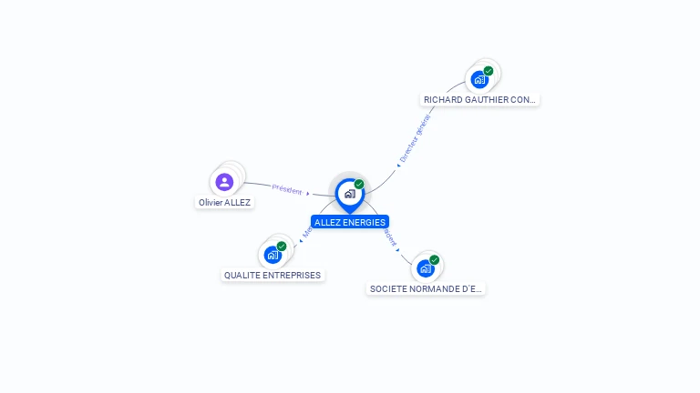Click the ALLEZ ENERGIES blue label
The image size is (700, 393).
(x=350, y=222)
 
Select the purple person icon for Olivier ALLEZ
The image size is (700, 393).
(x=224, y=182)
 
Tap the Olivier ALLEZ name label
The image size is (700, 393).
(x=224, y=203)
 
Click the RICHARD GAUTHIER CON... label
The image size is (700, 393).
(x=480, y=99)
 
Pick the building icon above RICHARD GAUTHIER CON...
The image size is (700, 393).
(x=479, y=79)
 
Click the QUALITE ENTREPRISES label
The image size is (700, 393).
(x=273, y=275)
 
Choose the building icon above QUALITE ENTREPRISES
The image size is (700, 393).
(x=272, y=255)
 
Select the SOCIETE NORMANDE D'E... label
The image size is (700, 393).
(x=426, y=288)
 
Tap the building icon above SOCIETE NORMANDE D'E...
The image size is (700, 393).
(x=425, y=268)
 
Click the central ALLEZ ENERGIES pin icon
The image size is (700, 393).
(x=349, y=194)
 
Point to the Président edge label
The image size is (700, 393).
(x=287, y=190)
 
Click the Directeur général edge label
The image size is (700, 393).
(x=415, y=137)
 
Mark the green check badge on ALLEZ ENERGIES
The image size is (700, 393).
(x=359, y=184)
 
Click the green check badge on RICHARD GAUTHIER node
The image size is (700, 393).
(x=489, y=71)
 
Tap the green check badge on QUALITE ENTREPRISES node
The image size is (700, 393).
(x=282, y=247)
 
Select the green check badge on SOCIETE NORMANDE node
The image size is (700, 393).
(x=435, y=260)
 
